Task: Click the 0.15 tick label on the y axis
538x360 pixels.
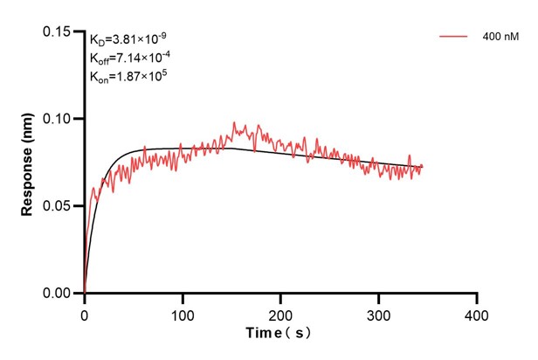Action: pyautogui.click(x=57, y=31)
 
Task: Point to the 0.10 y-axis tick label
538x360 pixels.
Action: pyautogui.click(x=57, y=119)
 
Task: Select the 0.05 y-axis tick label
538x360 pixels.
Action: pyautogui.click(x=57, y=206)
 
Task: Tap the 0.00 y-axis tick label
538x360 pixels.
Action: pyautogui.click(x=57, y=294)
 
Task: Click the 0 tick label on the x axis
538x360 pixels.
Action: pyautogui.click(x=84, y=313)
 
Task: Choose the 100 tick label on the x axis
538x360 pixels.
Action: pyautogui.click(x=182, y=313)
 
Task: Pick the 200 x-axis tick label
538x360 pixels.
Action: pyautogui.click(x=280, y=313)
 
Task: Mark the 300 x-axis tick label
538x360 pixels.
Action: pyautogui.click(x=378, y=313)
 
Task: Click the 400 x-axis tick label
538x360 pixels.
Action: pyautogui.click(x=476, y=313)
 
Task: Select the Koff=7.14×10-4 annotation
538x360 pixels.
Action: pyautogui.click(x=129, y=58)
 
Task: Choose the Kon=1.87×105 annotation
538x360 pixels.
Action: pyautogui.click(x=128, y=77)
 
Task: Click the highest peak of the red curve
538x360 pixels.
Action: pyautogui.click(x=234, y=124)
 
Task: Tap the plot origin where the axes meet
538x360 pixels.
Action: pyautogui.click(x=84, y=294)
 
